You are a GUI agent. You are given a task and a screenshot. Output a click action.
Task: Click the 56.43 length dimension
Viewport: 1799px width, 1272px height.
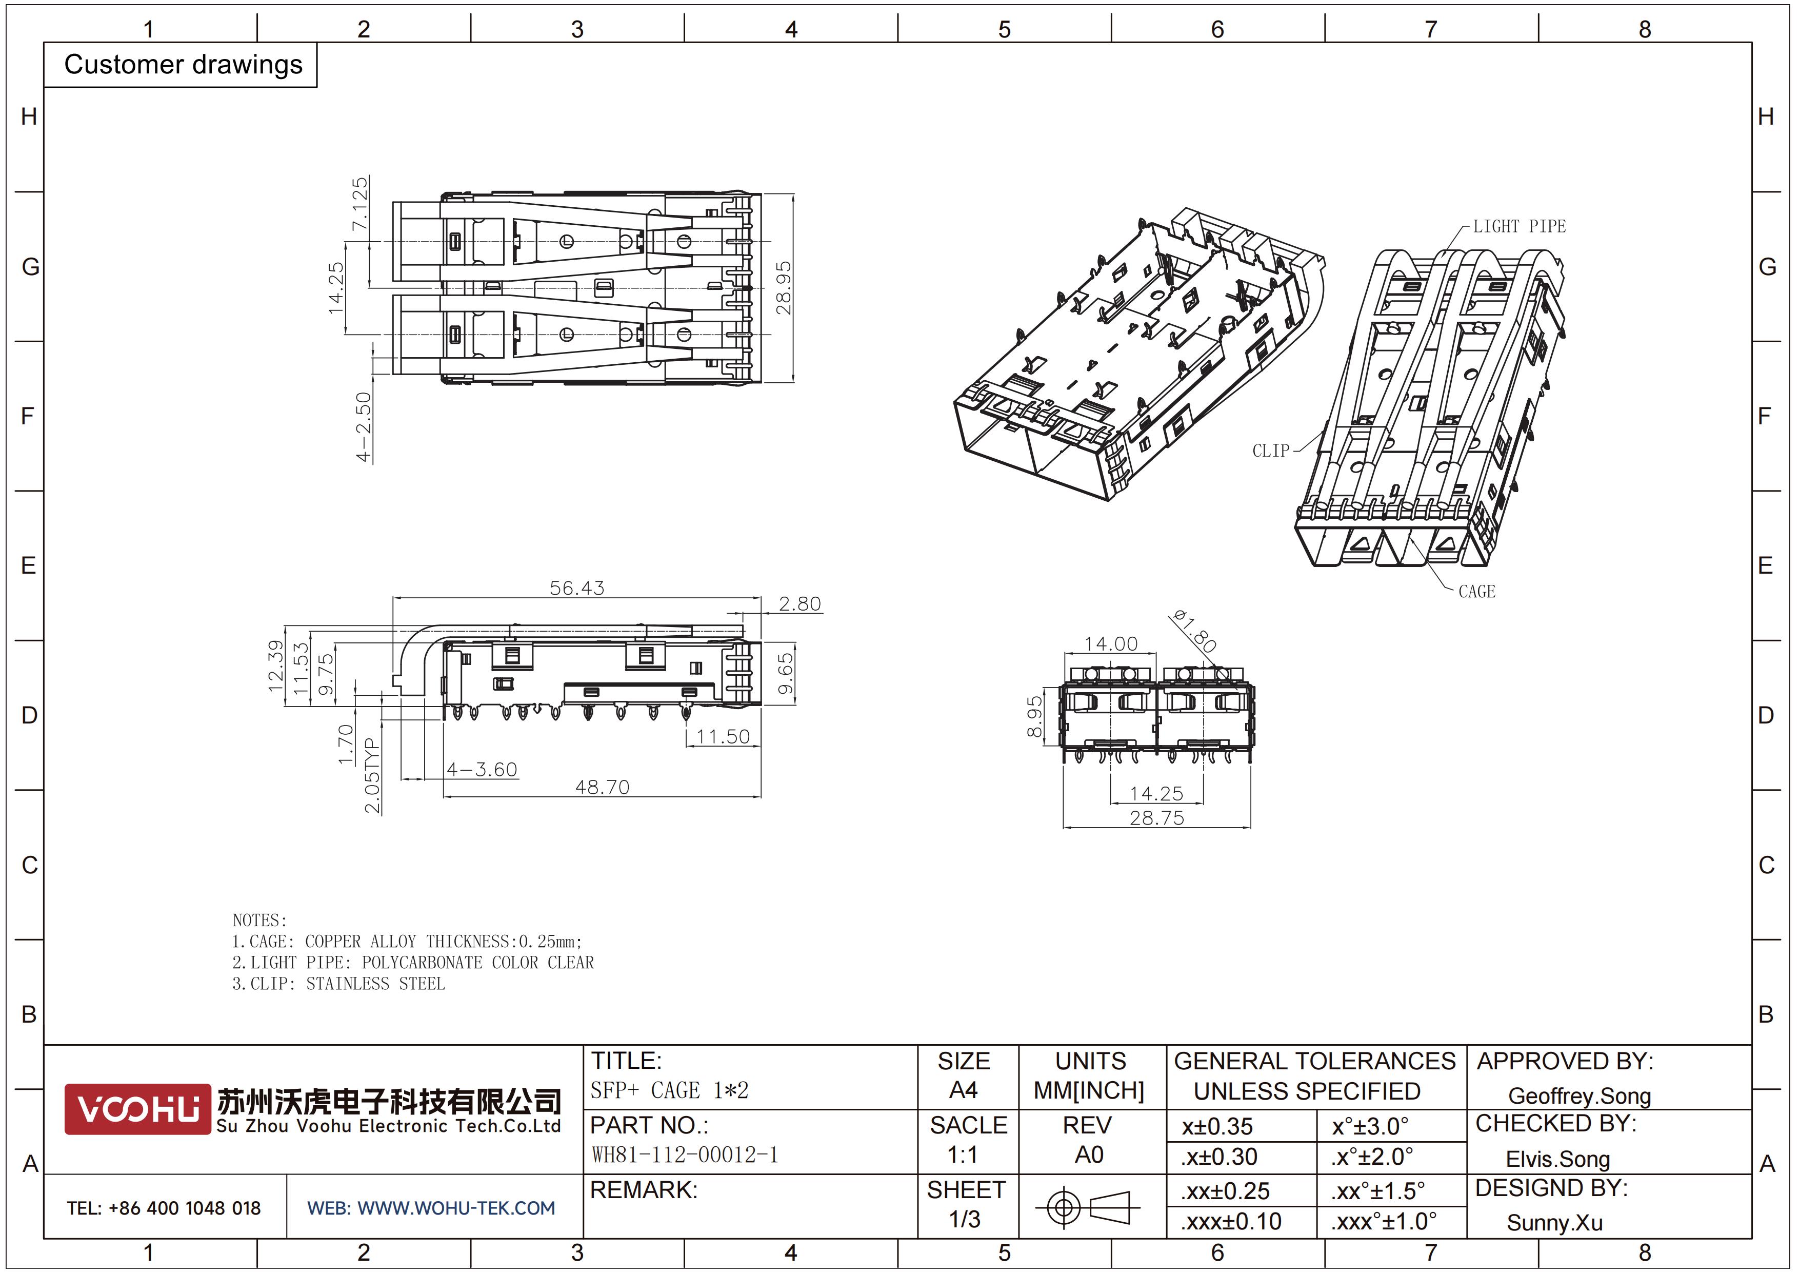577,588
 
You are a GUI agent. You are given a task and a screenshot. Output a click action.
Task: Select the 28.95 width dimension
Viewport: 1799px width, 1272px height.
784,288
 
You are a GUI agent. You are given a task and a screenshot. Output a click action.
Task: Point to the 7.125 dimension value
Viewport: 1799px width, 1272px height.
359,204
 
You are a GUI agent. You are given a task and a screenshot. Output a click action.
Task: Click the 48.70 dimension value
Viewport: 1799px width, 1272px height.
602,787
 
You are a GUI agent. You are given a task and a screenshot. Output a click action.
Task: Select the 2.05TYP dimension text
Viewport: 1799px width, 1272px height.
372,775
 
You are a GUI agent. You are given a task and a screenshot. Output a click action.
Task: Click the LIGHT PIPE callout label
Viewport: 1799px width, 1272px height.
1520,226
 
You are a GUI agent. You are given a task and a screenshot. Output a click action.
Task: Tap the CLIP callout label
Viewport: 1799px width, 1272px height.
1271,451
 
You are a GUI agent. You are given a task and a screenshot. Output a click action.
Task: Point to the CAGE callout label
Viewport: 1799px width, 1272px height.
1477,592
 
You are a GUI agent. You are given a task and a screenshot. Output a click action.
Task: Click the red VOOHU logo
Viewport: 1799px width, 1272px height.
138,1109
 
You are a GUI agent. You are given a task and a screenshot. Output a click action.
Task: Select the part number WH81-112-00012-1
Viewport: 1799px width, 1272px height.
685,1154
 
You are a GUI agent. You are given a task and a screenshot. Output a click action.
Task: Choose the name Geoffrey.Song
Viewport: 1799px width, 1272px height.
1580,1095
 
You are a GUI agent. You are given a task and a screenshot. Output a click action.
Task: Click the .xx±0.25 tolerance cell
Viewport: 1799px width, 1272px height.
1226,1190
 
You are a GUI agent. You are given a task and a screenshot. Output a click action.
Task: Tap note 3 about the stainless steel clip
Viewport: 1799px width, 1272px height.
338,984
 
